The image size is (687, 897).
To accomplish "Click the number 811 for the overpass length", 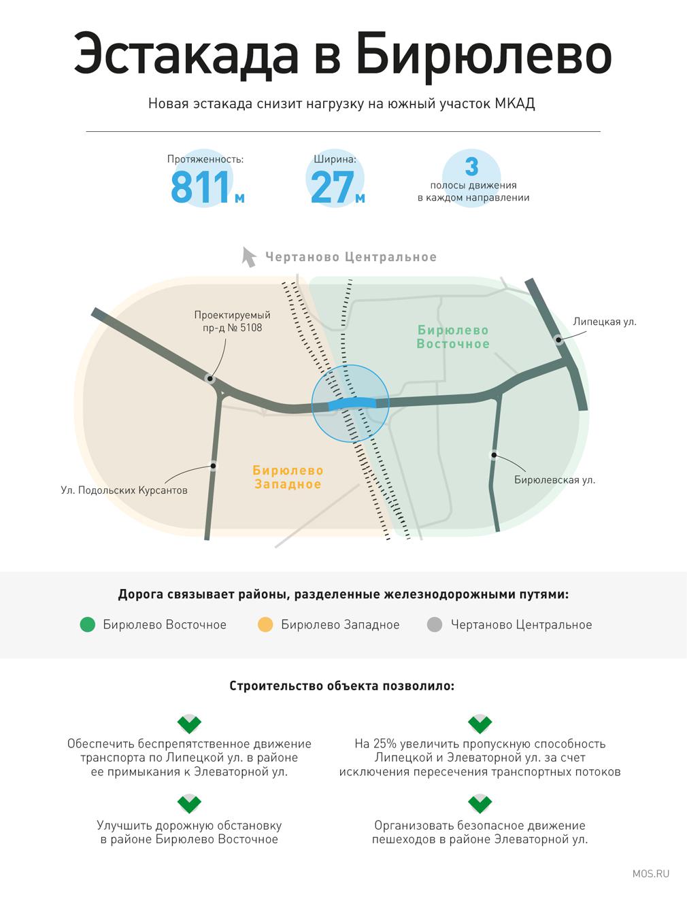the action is pos(200,188).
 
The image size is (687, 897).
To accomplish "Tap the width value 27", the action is pos(333,188).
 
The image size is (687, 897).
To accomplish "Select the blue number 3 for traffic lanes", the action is pos(471,167).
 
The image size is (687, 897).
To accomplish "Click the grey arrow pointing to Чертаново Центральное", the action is pos(248,257).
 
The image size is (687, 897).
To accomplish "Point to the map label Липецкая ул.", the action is pos(605,322).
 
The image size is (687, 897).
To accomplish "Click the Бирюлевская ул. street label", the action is pos(554,479).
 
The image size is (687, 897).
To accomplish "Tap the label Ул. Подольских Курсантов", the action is pos(124,490).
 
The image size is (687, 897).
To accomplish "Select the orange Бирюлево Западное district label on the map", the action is pos(288,477).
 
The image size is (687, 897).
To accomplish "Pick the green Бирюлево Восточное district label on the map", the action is pos(453,337).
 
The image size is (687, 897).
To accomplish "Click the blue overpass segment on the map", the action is pos(352,403).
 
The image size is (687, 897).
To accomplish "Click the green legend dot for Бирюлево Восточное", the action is pos(88,624).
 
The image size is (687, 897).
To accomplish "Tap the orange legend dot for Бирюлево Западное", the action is pos(265,624).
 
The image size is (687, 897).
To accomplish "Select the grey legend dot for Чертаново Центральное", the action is pos(435,624).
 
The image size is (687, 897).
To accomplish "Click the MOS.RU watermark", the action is pos(651,873).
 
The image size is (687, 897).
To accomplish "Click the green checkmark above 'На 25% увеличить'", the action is pos(480,724).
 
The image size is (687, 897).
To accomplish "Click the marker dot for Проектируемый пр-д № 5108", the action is pos(210,379).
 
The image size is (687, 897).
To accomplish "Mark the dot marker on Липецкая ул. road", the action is pos(558,340).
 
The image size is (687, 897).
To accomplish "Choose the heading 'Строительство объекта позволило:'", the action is pos(342,686).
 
